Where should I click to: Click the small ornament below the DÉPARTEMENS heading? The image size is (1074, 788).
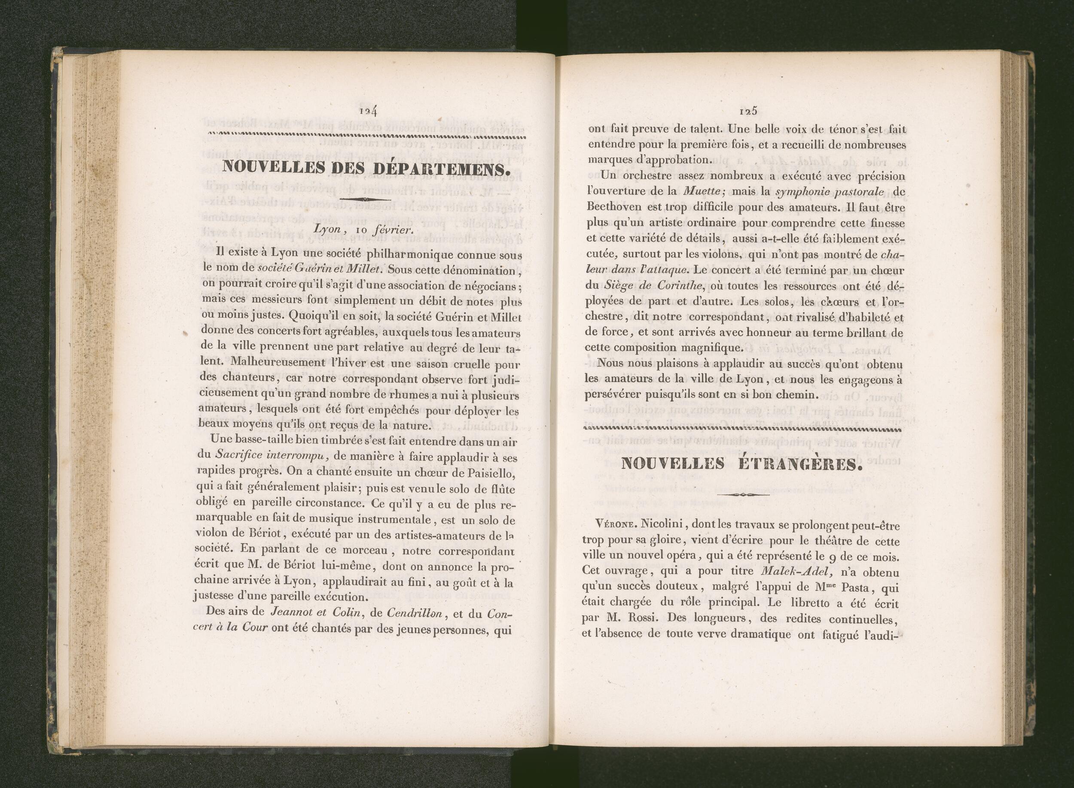click(x=365, y=199)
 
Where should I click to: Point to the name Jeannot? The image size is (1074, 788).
click(x=289, y=613)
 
